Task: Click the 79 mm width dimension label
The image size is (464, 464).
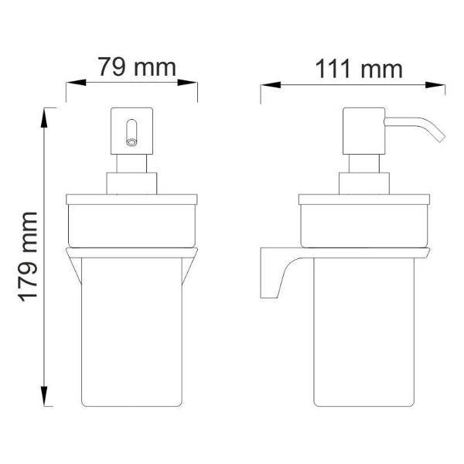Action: click(136, 68)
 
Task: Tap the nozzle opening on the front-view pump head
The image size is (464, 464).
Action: click(131, 141)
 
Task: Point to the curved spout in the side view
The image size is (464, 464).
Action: click(418, 128)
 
